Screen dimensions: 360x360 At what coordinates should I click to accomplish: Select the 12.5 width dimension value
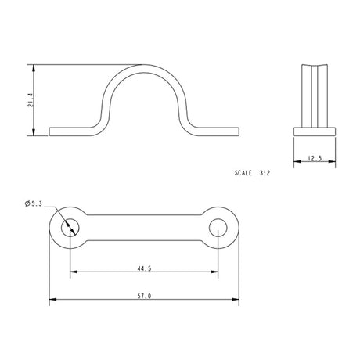pos(315,159)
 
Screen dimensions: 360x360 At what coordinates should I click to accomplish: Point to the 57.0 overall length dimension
pos(144,295)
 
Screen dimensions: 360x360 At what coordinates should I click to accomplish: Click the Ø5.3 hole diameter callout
pos(34,205)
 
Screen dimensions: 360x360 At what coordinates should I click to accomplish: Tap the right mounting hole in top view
pos(219,227)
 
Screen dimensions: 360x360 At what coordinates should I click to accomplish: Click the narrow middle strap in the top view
pos(144,227)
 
